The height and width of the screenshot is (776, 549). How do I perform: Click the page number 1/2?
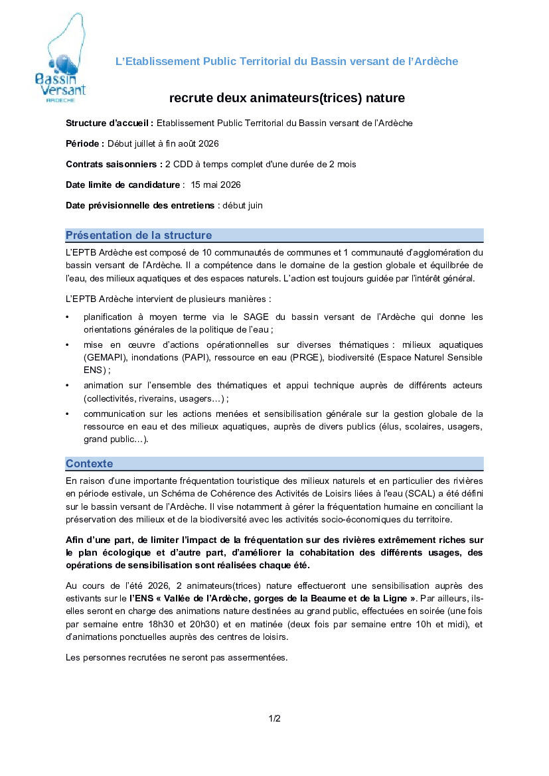[274, 718]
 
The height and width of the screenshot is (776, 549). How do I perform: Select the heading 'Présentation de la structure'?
[139, 235]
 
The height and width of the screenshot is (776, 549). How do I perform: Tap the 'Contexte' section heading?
[89, 463]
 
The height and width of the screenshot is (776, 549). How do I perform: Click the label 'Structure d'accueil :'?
[110, 123]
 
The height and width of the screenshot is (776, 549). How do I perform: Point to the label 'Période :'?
[85, 143]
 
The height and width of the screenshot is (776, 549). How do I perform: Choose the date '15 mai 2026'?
[215, 185]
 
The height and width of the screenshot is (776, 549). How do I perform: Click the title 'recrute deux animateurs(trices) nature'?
[287, 98]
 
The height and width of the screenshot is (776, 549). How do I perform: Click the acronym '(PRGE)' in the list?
[306, 358]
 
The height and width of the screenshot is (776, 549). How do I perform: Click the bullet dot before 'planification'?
[68, 317]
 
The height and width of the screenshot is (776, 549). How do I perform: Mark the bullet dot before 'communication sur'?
[68, 414]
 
